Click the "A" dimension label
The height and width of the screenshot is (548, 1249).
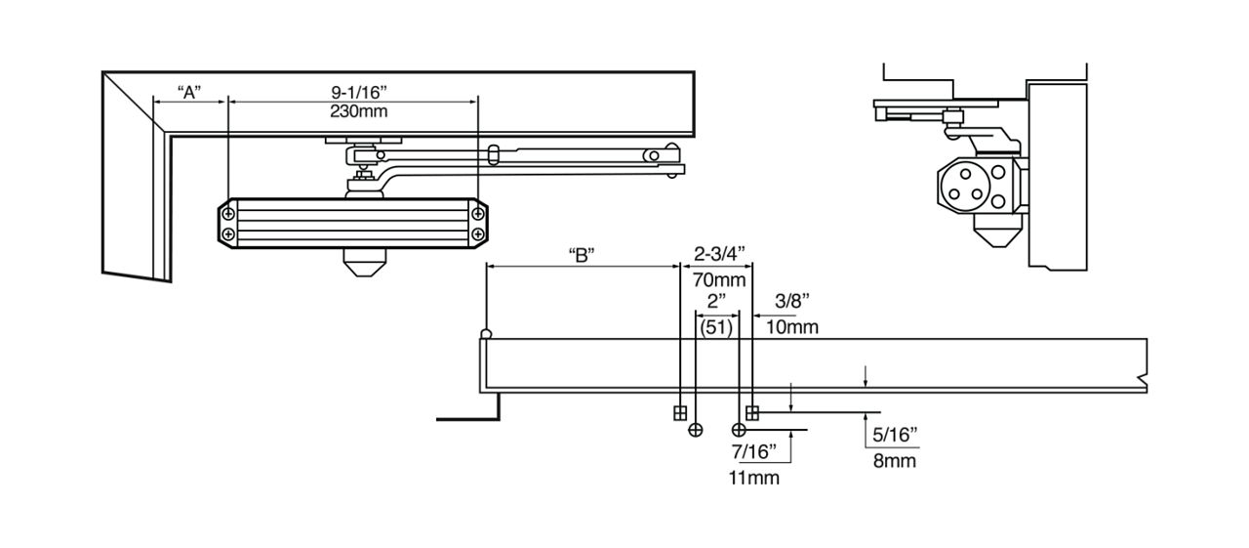189,92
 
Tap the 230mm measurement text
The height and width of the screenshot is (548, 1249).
359,111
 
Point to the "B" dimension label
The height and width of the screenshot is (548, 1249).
582,256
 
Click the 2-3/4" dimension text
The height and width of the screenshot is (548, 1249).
720,254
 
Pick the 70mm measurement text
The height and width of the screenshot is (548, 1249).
720,279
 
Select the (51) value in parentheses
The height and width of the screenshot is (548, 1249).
716,326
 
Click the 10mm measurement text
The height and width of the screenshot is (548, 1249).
792,326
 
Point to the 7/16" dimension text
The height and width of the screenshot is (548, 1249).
753,451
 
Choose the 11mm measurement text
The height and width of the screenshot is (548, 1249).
753,478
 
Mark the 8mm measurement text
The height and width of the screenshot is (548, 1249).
896,459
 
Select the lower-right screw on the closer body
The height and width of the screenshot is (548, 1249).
478,234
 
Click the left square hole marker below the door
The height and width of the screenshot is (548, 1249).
680,412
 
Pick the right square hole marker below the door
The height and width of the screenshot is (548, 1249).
752,412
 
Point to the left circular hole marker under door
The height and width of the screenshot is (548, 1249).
696,430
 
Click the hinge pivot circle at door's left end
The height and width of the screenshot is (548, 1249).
486,335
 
